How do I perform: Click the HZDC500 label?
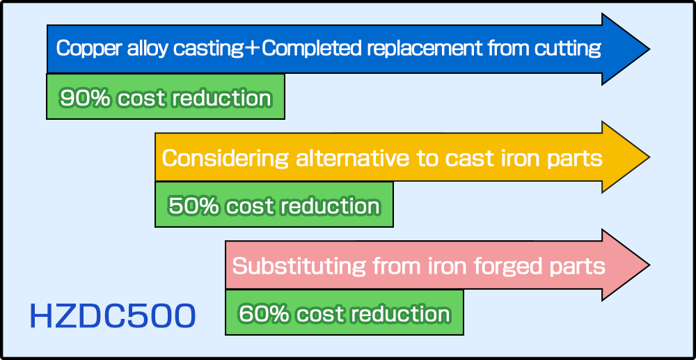point(112,315)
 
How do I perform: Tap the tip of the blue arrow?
point(649,49)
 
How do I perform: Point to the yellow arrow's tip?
point(649,157)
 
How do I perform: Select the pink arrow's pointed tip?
point(649,265)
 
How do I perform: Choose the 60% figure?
point(264,314)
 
